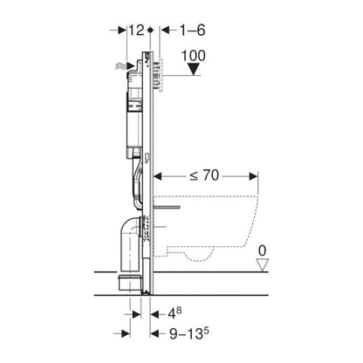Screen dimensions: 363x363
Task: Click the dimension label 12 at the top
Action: pyautogui.click(x=136, y=31)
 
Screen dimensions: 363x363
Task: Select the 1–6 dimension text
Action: pyautogui.click(x=193, y=31)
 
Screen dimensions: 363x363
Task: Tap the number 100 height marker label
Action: pyautogui.click(x=194, y=56)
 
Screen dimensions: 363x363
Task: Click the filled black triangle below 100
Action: pyautogui.click(x=194, y=70)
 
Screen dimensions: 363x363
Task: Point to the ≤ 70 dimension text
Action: pyautogui.click(x=204, y=175)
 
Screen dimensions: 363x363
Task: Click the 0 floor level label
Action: pyautogui.click(x=263, y=250)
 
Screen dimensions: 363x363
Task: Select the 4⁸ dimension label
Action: pyautogui.click(x=175, y=313)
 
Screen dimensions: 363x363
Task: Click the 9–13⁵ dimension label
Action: pyautogui.click(x=189, y=333)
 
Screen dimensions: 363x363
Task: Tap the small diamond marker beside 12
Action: pyautogui.click(x=150, y=30)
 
